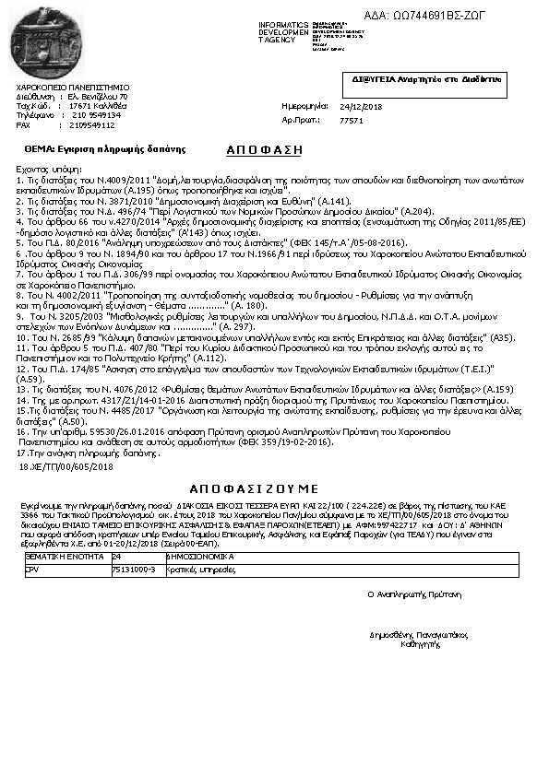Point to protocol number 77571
(351, 121)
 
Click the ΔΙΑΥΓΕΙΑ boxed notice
(425, 81)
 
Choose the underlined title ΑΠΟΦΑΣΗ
(263, 149)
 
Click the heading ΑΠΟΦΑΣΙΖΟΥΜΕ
(254, 488)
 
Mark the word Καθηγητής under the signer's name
(418, 643)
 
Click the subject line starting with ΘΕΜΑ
(105, 148)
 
